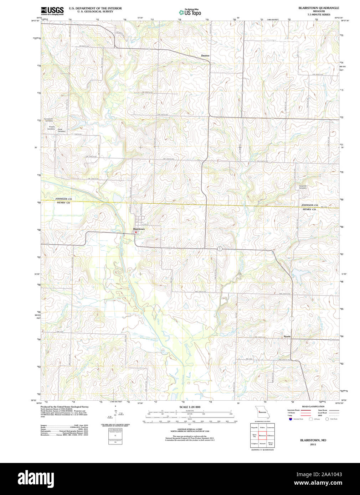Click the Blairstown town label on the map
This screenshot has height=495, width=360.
[139, 229]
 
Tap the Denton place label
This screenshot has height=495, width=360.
[205, 56]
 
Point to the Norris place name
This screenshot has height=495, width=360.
[287, 336]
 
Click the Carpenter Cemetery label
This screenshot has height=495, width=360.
[303, 187]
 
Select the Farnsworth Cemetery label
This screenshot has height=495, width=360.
[48, 120]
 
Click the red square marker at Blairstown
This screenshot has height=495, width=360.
[136, 232]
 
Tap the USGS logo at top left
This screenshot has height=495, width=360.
[52, 11]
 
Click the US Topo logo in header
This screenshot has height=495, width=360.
[190, 12]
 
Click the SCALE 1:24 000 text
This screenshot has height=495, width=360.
[190, 407]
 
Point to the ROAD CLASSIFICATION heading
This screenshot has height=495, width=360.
[313, 406]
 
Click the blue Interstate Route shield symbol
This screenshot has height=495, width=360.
[290, 419]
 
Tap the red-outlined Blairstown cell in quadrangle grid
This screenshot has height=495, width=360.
[262, 435]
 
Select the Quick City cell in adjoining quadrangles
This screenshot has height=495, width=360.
[254, 435]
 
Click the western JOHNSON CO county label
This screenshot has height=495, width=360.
[63, 199]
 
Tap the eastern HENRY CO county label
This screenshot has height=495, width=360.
[309, 209]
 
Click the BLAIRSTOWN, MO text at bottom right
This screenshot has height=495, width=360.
[313, 440]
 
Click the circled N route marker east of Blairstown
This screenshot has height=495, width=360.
[220, 248]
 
